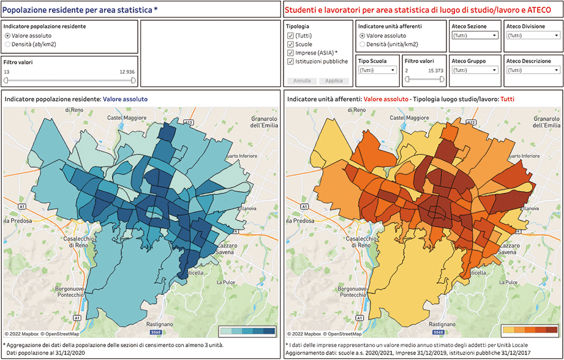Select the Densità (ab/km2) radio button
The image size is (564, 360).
7,44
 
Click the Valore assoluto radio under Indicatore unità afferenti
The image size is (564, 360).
363,36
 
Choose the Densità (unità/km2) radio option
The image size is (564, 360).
363,44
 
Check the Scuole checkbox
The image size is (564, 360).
290,44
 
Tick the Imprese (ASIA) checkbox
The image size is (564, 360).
290,53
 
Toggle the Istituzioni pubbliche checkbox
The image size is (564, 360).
290,61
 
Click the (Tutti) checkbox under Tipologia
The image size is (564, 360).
290,36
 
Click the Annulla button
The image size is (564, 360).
301,81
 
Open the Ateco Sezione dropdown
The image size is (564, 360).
475,36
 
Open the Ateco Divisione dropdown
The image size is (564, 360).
530,36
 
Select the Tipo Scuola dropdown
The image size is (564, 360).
377,70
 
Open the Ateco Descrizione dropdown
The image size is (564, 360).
530,70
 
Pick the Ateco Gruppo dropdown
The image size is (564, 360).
475,70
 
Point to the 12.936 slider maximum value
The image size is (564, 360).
127,72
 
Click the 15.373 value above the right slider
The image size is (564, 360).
435,71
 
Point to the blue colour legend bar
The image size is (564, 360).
247,331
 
